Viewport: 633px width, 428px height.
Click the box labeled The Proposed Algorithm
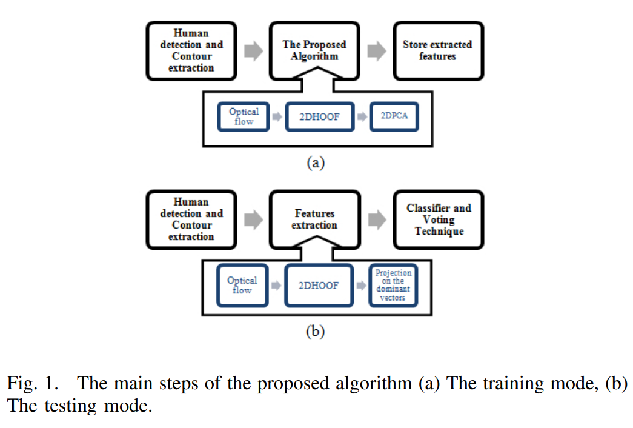tap(314, 51)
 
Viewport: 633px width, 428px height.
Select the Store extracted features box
tap(438, 51)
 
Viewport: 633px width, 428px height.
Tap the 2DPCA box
tap(394, 117)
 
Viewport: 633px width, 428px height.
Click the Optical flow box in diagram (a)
tap(244, 117)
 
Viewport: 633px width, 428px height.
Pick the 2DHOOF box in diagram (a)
tap(319, 117)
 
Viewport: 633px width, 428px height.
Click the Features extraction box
tap(314, 219)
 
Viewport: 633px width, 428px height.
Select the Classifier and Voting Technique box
tap(438, 219)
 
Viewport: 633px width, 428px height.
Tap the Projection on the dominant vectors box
tap(393, 286)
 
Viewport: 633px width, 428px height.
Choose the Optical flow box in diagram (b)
tap(242, 286)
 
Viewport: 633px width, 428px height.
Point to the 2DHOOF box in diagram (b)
tap(319, 286)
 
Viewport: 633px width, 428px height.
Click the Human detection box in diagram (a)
tap(191, 51)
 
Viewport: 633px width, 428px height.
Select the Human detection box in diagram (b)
tap(191, 219)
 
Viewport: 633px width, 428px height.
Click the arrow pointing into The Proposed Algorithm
tap(253, 52)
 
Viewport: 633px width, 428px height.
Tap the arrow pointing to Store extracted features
tap(377, 52)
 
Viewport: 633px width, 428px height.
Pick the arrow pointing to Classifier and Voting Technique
tap(377, 220)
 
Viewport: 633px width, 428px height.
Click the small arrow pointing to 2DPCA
tap(362, 117)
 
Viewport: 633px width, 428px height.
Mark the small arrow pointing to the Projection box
tap(362, 286)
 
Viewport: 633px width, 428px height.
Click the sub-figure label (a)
tap(315, 163)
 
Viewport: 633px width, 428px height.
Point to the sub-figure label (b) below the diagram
tap(315, 332)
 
